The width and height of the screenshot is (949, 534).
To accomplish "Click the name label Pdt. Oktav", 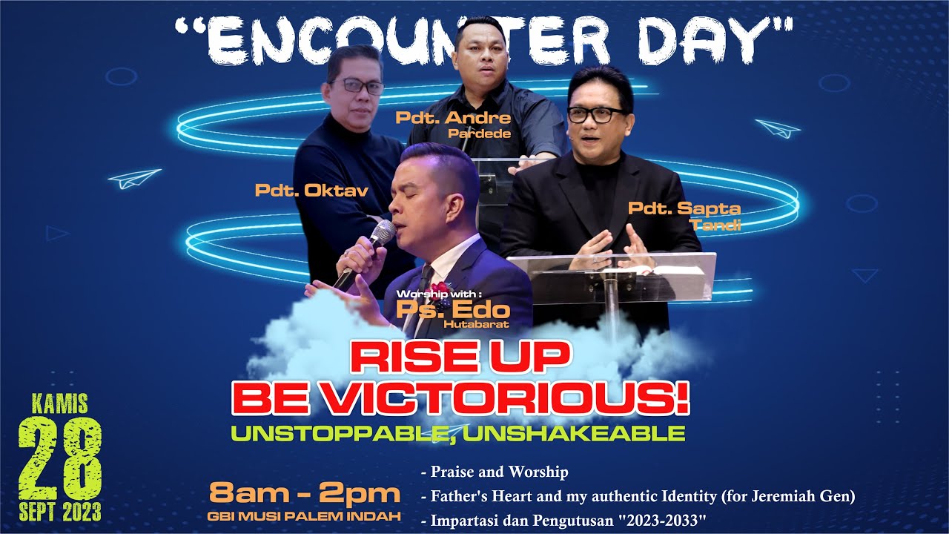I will [x=311, y=191].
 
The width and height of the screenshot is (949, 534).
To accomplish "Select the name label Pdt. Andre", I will [x=453, y=118].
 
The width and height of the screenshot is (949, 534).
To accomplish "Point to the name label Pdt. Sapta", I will [x=684, y=208].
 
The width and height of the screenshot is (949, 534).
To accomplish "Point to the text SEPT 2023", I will [x=61, y=512].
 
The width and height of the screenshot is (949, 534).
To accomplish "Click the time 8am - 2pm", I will [x=305, y=493].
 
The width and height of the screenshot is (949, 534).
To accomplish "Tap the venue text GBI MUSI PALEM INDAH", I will [x=305, y=515].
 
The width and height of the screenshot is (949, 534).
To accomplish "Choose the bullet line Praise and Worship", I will [x=494, y=472].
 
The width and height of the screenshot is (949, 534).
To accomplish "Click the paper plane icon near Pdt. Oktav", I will [x=134, y=178].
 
